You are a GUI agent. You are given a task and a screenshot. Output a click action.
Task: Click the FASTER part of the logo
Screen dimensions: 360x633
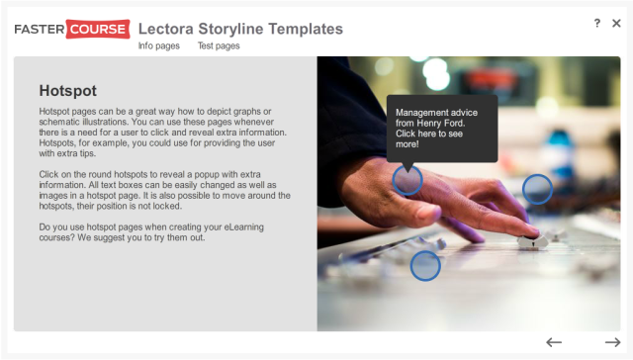point(38,29)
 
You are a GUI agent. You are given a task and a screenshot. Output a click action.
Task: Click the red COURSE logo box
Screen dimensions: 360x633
point(95,29)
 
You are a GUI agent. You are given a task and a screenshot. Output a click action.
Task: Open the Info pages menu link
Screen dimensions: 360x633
point(158,45)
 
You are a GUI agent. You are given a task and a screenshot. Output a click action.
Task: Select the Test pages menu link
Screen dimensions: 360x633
point(219,45)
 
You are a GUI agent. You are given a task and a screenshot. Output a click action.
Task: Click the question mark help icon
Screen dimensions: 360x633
point(597,23)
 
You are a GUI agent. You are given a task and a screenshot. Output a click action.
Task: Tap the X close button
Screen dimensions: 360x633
point(616,23)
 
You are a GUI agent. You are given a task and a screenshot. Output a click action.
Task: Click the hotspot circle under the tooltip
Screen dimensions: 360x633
point(407,180)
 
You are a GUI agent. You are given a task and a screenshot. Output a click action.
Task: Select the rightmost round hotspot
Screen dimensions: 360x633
point(537,188)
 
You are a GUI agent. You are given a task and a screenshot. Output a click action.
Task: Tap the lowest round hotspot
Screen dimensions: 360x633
point(425,265)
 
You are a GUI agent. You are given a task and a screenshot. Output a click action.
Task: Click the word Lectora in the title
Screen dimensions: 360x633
point(166,29)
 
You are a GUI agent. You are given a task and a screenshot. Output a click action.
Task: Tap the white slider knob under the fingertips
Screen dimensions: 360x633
point(529,240)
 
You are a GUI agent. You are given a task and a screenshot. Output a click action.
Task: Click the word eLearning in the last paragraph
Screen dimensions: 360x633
point(246,227)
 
